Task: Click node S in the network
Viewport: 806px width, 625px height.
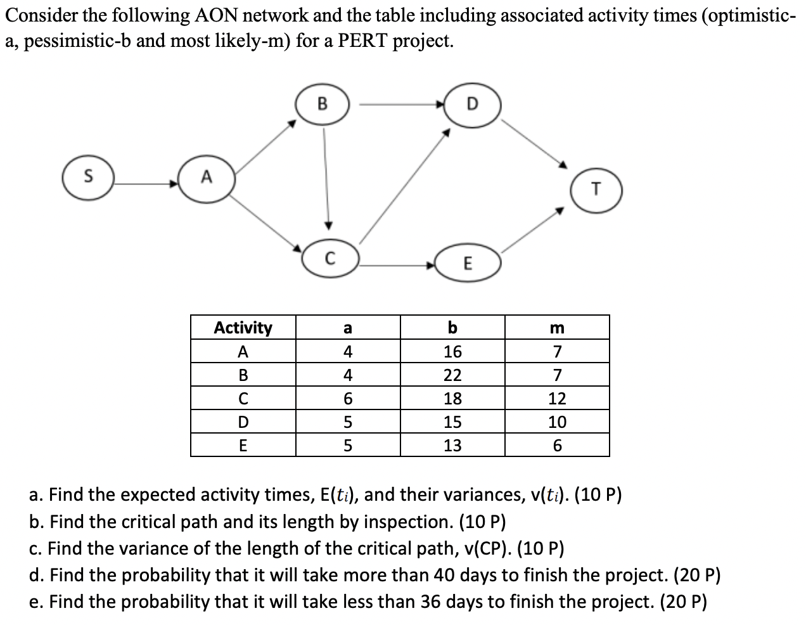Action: click(x=87, y=177)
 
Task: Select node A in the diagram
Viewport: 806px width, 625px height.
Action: click(x=206, y=179)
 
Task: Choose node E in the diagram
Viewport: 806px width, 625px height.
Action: click(x=468, y=263)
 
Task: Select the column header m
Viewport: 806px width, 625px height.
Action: click(x=557, y=328)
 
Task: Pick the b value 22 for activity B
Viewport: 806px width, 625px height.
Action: click(x=452, y=375)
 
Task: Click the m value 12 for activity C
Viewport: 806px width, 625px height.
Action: click(x=557, y=399)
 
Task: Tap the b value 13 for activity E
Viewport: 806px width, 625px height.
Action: click(x=452, y=446)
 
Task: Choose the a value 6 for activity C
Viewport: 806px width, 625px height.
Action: click(x=347, y=399)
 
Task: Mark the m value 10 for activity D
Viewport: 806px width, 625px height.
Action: click(x=557, y=422)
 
